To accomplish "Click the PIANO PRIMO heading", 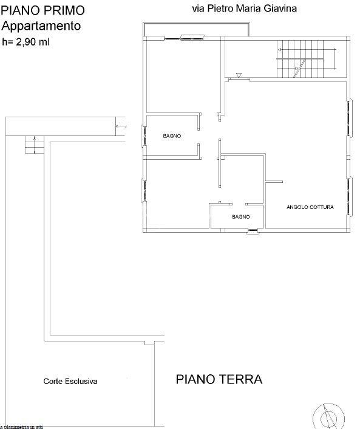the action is [43, 10].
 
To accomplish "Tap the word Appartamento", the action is [41, 26].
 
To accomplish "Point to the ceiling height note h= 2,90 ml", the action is [25, 42].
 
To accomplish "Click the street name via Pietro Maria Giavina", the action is [245, 9].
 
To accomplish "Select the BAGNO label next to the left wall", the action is [172, 136].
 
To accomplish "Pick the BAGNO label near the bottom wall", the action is [241, 217].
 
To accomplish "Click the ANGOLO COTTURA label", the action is [310, 207].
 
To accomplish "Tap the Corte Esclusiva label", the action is [70, 381].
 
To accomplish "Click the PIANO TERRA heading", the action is [219, 379].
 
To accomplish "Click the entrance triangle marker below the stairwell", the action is [239, 75].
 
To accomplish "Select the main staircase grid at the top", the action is [300, 59].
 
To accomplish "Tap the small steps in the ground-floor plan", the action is [35, 145].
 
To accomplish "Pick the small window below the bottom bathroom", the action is [253, 232].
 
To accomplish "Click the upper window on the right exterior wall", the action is [350, 118].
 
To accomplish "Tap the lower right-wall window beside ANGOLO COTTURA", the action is [350, 196].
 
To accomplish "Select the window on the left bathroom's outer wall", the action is [143, 136].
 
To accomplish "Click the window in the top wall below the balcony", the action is [192, 37].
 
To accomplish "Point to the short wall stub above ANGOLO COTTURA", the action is [274, 182].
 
